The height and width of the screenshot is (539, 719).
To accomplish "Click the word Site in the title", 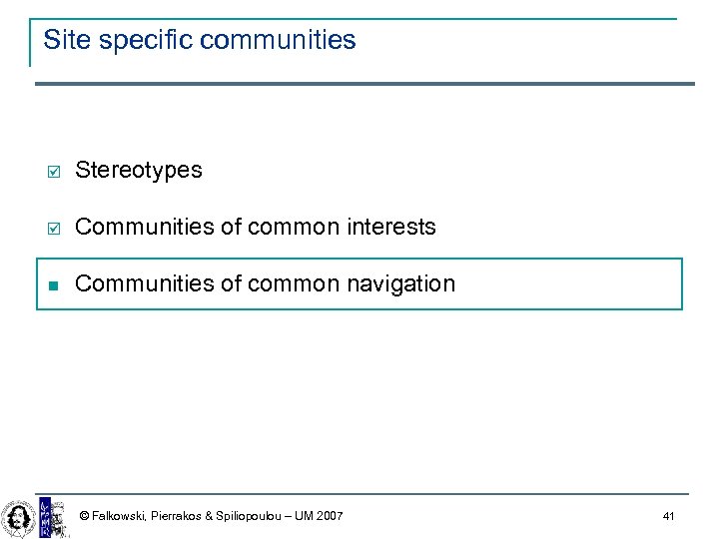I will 62,40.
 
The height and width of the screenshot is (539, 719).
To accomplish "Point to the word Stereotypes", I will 138,171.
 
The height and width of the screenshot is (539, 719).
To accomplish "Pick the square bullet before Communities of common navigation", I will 55,284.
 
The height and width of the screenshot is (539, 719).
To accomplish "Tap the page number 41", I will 668,516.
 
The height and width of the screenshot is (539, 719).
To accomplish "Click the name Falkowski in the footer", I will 119,516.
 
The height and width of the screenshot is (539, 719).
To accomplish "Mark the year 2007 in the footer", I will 329,516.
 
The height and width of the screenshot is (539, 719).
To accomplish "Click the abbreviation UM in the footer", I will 303,516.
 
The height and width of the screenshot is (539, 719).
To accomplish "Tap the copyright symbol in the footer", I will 84,516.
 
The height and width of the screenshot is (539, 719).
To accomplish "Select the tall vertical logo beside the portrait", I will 45,516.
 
